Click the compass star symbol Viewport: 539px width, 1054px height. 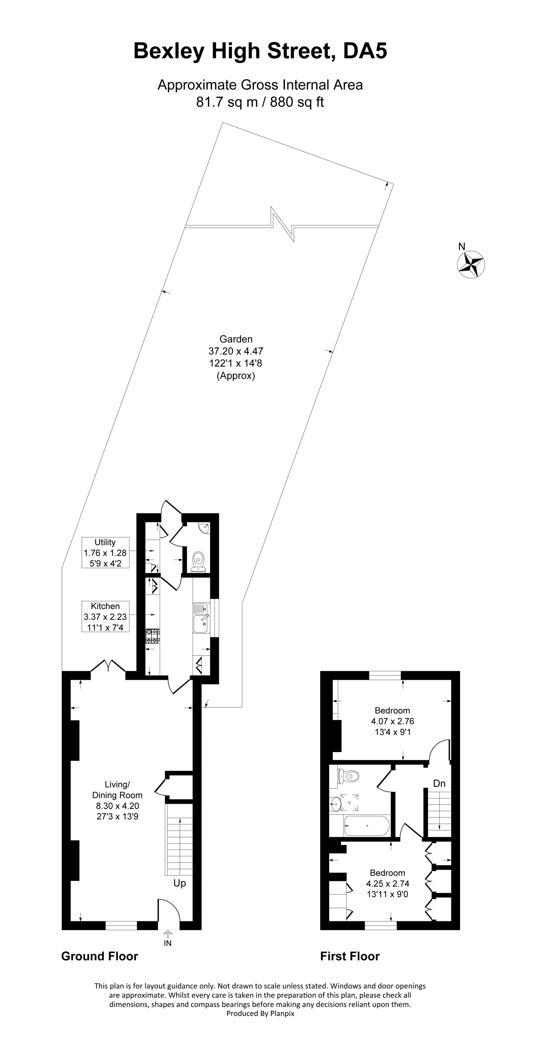(x=471, y=265)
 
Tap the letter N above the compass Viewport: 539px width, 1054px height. (x=462, y=246)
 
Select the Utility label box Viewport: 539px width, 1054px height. (x=105, y=552)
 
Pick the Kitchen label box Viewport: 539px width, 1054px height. (x=105, y=616)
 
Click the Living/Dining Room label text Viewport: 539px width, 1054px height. (x=117, y=800)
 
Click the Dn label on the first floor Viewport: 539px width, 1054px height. (x=439, y=783)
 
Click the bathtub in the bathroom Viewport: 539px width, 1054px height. (x=366, y=826)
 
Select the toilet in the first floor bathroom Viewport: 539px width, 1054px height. (x=349, y=775)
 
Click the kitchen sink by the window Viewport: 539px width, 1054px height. (x=201, y=618)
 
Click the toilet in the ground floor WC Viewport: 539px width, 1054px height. (x=198, y=560)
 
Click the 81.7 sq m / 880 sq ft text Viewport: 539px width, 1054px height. (x=260, y=102)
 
